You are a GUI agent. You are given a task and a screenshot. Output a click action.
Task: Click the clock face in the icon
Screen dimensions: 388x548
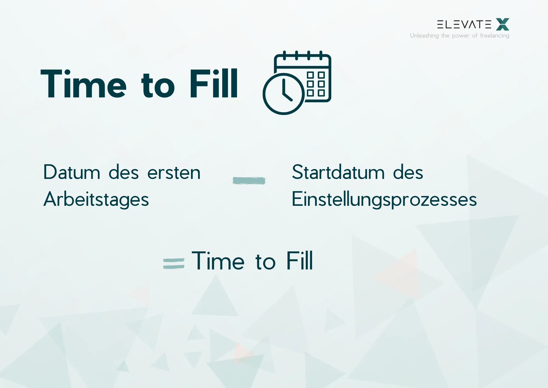[284, 94]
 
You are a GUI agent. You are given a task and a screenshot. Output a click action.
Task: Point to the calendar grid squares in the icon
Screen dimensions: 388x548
[316, 84]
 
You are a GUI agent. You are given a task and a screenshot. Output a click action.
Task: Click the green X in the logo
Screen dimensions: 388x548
[503, 24]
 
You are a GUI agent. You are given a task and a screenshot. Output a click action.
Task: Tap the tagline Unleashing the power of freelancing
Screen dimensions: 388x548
[459, 36]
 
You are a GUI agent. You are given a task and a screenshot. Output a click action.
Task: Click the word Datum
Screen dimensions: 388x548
[72, 172]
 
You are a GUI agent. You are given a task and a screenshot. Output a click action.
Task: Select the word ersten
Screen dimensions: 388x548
[174, 173]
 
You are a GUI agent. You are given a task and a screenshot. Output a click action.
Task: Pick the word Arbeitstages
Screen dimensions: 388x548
[96, 199]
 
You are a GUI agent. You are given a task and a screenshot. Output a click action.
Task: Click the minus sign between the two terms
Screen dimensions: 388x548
[249, 181]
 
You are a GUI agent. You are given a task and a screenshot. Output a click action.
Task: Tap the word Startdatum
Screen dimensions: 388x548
[338, 172]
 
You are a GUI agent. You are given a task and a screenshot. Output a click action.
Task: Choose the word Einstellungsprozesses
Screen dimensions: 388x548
[384, 199]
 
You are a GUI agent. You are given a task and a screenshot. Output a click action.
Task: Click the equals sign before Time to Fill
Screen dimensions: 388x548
[174, 263]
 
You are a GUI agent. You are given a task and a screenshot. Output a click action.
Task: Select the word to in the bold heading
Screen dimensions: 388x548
[158, 86]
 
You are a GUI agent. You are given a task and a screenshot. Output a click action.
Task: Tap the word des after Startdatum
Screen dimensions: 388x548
[408, 173]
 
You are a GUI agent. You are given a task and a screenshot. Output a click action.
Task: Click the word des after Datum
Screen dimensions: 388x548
[124, 173]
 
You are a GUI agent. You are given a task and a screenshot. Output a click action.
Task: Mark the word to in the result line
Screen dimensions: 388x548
[265, 262]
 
